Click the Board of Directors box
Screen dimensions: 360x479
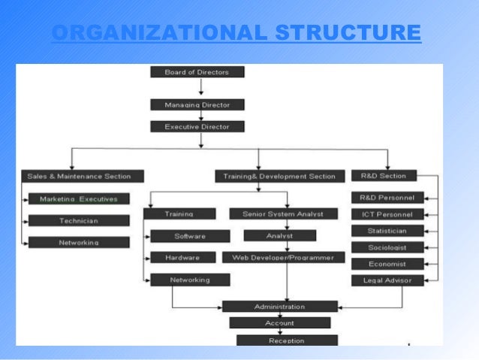coord(197,72)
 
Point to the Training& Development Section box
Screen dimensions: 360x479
coord(279,177)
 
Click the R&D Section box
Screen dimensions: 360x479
coord(383,176)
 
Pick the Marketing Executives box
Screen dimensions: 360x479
coord(79,199)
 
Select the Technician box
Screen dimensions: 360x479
coord(79,221)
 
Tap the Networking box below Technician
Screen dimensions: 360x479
coord(79,243)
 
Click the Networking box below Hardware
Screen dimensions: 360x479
coord(189,280)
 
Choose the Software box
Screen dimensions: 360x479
coord(189,236)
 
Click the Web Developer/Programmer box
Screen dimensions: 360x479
coord(284,258)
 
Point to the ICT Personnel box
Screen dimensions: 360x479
coord(387,214)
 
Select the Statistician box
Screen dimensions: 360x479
coord(387,231)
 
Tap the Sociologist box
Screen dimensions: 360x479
coord(387,247)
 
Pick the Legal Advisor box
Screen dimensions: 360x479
coord(387,280)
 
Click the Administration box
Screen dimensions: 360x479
coord(279,307)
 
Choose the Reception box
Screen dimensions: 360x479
coord(287,340)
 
